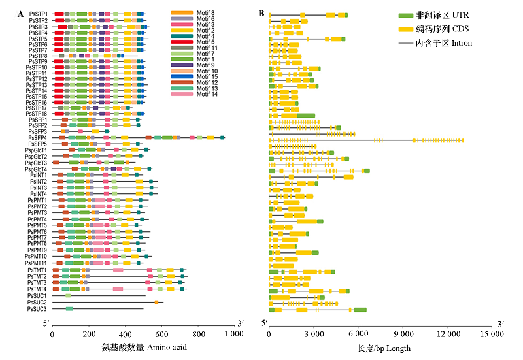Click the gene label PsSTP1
click(38, 14)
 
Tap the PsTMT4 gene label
click(37, 289)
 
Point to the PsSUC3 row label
click(37, 308)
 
